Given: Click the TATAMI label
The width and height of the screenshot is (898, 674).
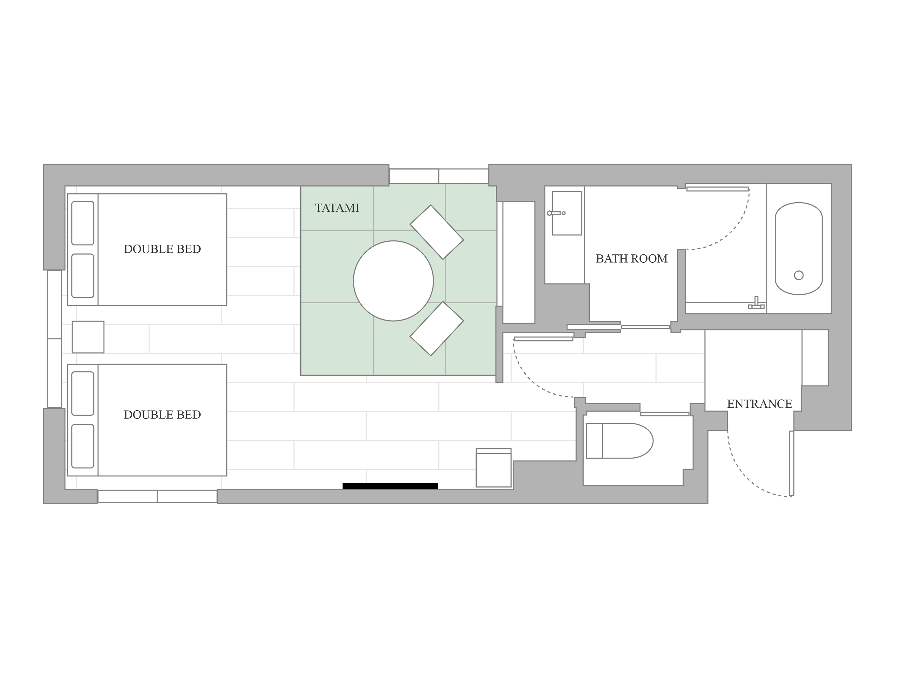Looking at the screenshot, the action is pyautogui.click(x=337, y=208).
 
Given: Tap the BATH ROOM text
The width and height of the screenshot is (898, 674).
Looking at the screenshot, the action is pyautogui.click(x=631, y=259).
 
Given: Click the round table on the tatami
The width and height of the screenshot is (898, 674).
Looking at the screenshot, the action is pyautogui.click(x=393, y=281).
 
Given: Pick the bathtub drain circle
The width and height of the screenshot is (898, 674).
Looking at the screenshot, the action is pyautogui.click(x=799, y=275).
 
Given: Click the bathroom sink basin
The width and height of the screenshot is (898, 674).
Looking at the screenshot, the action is pyautogui.click(x=567, y=213).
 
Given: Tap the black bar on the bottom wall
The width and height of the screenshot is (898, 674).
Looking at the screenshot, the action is pyautogui.click(x=390, y=485).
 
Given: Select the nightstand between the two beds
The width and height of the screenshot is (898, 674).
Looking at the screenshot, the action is pyautogui.click(x=88, y=337).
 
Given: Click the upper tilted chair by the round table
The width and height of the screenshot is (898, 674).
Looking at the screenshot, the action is pyautogui.click(x=436, y=232).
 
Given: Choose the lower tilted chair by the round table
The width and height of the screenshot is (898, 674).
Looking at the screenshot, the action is pyautogui.click(x=436, y=329).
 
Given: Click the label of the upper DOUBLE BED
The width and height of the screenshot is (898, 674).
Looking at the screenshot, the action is pyautogui.click(x=162, y=249).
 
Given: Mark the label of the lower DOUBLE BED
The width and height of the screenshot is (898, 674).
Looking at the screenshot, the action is pyautogui.click(x=162, y=414).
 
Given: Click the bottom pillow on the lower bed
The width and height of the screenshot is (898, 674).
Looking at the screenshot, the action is pyautogui.click(x=83, y=446).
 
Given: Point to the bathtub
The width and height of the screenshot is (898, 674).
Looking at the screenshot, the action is pyautogui.click(x=799, y=249).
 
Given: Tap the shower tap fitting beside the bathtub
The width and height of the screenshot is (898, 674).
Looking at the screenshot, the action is pyautogui.click(x=756, y=303).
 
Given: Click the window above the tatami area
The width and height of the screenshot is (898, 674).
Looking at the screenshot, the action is pyautogui.click(x=439, y=176).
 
